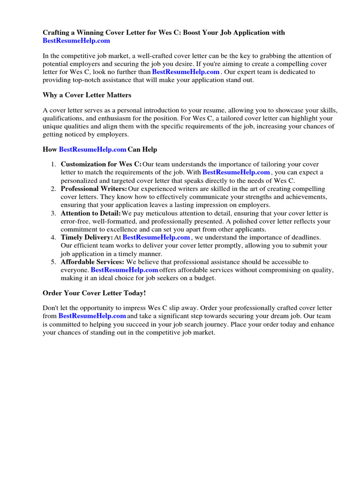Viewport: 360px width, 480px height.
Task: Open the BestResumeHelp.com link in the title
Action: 76,41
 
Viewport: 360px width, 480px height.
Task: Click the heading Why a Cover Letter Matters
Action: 87,95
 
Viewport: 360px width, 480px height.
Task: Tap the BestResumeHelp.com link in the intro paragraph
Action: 186,72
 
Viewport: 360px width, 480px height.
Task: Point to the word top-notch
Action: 95,80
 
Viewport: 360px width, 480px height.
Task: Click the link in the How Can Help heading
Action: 92,150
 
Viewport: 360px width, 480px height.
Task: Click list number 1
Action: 54,165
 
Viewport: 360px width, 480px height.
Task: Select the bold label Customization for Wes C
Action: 101,165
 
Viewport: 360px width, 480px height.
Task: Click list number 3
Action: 54,213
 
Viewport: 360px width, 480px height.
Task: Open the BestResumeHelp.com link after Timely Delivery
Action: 156,238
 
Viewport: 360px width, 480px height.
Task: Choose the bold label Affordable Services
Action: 92,262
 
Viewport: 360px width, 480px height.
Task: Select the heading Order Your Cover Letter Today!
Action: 94,293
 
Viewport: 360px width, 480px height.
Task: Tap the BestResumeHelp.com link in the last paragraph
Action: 92,316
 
